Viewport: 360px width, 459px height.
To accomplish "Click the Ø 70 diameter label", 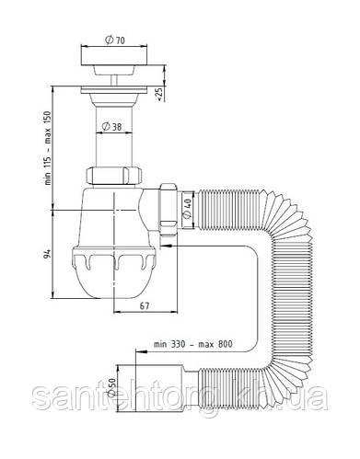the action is [x=115, y=40].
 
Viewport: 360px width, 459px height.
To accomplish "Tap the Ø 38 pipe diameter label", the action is [x=111, y=126].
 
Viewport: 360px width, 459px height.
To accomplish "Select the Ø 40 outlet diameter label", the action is [x=187, y=208].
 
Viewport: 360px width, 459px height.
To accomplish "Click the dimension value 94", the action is [x=47, y=254].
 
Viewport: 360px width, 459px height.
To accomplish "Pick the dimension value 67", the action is [x=145, y=305].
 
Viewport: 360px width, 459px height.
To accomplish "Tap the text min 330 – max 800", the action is [x=193, y=344].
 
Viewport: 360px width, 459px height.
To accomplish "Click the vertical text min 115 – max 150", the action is [x=48, y=148].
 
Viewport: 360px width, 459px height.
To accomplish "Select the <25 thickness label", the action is [x=159, y=94].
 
